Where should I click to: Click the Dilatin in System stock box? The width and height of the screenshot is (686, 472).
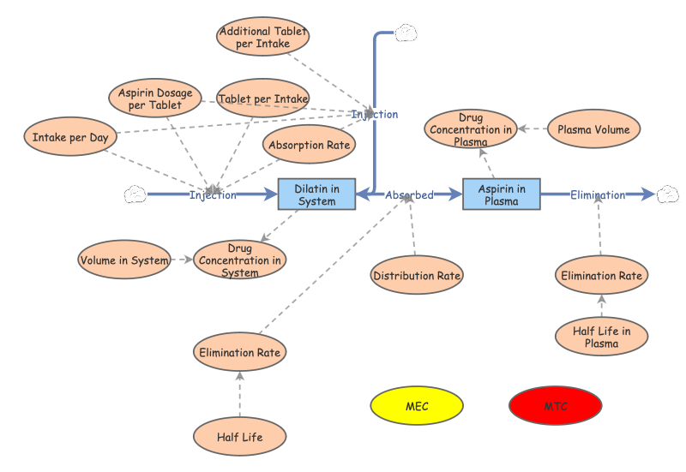[x=316, y=194]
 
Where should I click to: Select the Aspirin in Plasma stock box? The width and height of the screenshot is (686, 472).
[x=502, y=194]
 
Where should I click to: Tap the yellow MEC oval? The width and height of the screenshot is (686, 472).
[x=417, y=406]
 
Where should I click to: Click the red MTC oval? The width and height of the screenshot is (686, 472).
[x=556, y=406]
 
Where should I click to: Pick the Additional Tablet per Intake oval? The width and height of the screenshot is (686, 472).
[x=262, y=37]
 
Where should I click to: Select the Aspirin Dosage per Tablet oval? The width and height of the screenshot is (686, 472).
[x=155, y=99]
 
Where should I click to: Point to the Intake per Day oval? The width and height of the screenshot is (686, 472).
[x=69, y=137]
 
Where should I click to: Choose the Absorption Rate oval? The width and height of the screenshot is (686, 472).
[x=310, y=145]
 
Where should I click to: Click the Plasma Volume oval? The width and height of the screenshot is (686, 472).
[x=593, y=129]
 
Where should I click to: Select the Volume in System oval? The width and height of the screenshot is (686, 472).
[x=124, y=260]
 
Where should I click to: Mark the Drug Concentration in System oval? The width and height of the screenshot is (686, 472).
[x=239, y=260]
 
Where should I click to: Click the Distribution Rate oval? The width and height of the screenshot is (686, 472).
[x=417, y=275]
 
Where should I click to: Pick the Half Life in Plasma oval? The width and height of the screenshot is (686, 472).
[x=601, y=337]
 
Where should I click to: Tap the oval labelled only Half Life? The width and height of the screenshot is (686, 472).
[x=239, y=437]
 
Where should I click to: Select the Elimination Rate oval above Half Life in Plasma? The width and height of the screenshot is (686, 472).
[x=601, y=275]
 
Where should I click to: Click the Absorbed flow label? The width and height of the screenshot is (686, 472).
[x=409, y=195]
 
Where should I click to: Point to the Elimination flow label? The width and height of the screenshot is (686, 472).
[x=598, y=195]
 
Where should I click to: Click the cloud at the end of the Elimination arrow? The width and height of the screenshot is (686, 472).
[x=668, y=195]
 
